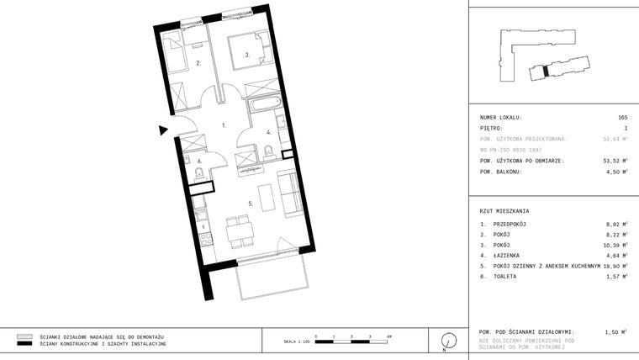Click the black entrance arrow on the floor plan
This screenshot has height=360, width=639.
[x=163, y=130]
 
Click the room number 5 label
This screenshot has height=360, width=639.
[x=251, y=203]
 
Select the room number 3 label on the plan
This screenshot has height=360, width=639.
[x=246, y=56]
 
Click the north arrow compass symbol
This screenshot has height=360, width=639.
[x=448, y=340]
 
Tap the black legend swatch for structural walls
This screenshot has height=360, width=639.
[x=24, y=344]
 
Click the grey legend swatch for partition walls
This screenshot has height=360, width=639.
[x=24, y=336]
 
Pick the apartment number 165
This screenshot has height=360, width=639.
[x=622, y=117]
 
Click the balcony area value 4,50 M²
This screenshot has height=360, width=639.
[x=616, y=172]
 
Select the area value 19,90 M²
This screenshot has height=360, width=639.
[x=615, y=265]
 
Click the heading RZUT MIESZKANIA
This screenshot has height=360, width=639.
[x=504, y=210]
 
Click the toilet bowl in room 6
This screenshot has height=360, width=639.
[x=198, y=172]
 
